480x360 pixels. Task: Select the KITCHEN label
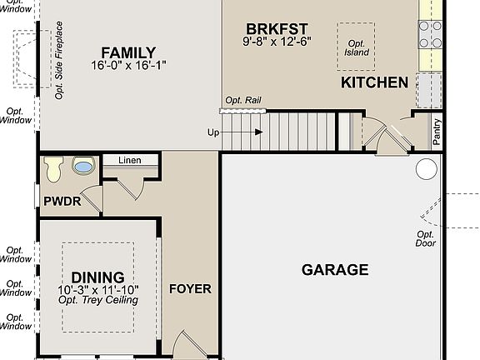click(x=374, y=82)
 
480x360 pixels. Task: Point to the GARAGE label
click(x=334, y=269)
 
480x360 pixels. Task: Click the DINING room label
click(x=97, y=277)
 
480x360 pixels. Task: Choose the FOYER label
click(x=190, y=289)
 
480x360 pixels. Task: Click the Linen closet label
click(x=129, y=161)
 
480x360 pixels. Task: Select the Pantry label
click(x=437, y=132)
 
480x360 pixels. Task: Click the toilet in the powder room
click(x=54, y=168)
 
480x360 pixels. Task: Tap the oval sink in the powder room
click(x=83, y=167)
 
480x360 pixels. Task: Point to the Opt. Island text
click(x=356, y=47)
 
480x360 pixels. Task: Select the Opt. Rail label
click(x=242, y=100)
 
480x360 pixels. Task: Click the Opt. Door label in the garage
click(x=426, y=239)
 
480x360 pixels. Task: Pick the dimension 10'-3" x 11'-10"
click(x=97, y=290)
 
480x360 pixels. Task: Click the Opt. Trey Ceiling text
click(x=97, y=300)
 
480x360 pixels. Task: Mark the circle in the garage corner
click(x=426, y=170)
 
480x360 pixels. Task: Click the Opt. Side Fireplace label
click(x=60, y=67)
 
